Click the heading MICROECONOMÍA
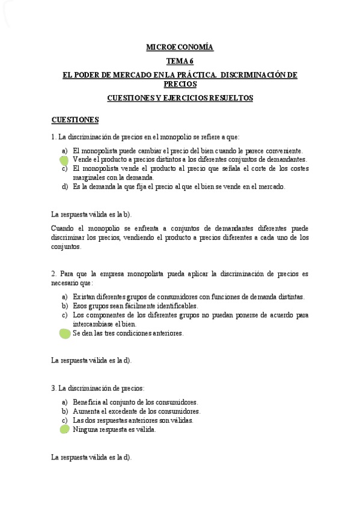(180, 46)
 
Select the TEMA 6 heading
(180, 61)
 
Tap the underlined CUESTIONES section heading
(75, 119)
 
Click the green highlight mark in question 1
(65, 160)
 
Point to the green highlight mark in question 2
(65, 333)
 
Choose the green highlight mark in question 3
(65, 429)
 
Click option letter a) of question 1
(64, 150)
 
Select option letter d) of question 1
(64, 186)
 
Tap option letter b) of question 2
(64, 306)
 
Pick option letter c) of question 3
(64, 420)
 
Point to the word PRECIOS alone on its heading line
(180, 84)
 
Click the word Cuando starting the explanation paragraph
(64, 229)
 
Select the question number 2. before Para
(54, 274)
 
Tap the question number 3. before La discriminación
(54, 389)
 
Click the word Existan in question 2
(85, 296)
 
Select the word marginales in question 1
(90, 177)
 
